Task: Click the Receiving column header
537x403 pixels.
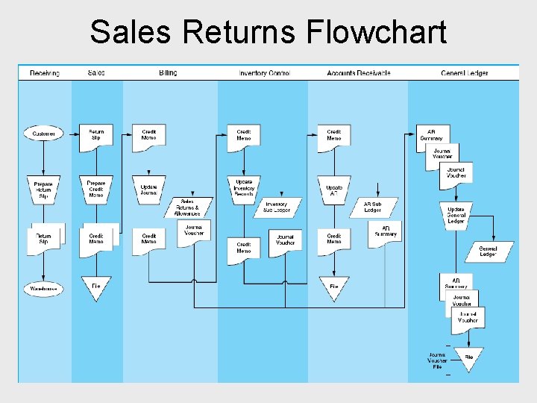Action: [x=45, y=73]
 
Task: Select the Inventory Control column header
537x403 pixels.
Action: [x=264, y=73]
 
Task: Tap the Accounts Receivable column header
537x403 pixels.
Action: [x=358, y=73]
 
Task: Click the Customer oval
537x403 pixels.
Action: [x=44, y=134]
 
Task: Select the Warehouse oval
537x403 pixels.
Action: [x=44, y=288]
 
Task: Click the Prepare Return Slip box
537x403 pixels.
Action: [x=43, y=190]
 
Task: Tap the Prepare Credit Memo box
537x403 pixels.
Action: [x=96, y=189]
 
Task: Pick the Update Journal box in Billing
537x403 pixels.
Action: [x=148, y=189]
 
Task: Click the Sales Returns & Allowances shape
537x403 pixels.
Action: [x=188, y=207]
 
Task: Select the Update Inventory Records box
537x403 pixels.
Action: [x=244, y=189]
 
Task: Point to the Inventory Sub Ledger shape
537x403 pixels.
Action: [x=277, y=207]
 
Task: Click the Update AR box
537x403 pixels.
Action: [x=333, y=189]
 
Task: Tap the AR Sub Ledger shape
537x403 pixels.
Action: [x=372, y=207]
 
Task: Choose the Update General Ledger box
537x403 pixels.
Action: [x=456, y=215]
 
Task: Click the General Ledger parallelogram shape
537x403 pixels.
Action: [x=489, y=252]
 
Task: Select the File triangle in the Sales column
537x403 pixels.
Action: [x=96, y=287]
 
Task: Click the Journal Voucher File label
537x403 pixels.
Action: [x=438, y=360]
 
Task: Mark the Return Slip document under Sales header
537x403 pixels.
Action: [x=96, y=135]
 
